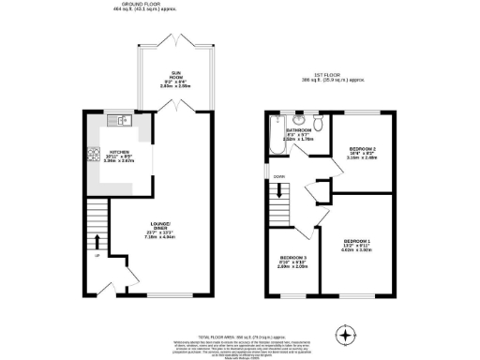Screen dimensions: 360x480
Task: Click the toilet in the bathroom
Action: coord(319,122)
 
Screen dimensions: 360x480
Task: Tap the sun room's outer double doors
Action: coord(175,41)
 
